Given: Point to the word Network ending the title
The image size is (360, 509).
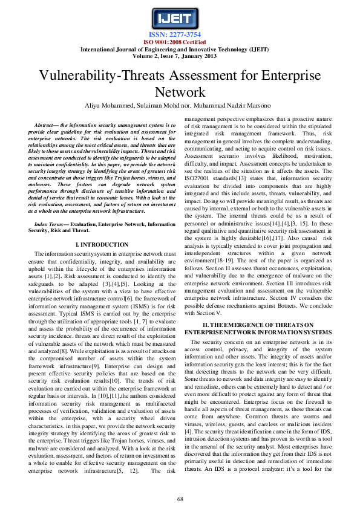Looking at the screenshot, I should [x=180, y=92].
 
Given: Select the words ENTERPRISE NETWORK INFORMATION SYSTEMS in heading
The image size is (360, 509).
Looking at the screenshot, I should [x=267, y=333].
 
